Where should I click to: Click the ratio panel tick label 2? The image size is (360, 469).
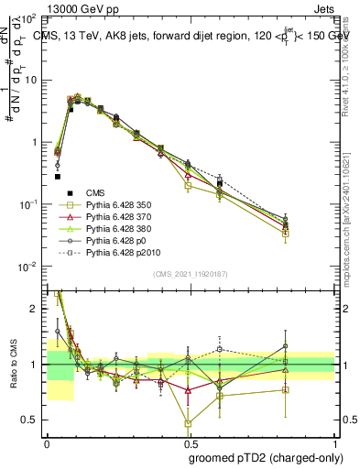[x=36, y=310]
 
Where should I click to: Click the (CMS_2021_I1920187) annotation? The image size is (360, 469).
[x=191, y=274]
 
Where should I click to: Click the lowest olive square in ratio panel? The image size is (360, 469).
[x=188, y=423]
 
